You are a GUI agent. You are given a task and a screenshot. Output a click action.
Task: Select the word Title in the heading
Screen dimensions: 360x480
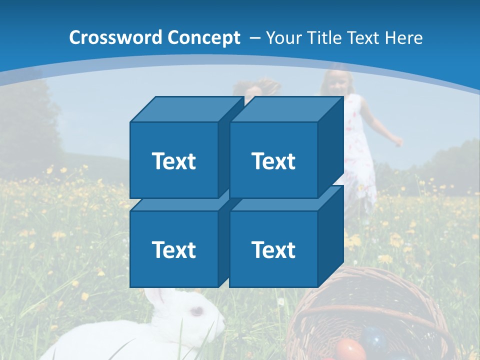click(319, 37)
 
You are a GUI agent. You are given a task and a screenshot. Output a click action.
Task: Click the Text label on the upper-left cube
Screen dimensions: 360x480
click(173, 161)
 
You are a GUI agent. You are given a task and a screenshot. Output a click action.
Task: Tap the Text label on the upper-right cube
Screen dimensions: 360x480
click(273, 161)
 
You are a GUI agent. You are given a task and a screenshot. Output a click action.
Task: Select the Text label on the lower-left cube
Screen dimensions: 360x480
click(173, 249)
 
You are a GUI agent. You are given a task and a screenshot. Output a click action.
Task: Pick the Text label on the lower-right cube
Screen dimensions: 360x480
click(273, 249)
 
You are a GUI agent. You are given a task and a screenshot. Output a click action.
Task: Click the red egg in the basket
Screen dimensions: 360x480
click(350, 349)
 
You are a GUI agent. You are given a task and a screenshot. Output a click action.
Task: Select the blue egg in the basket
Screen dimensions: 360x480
click(375, 337)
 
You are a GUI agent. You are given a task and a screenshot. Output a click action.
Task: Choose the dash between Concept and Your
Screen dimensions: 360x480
click(253, 38)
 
